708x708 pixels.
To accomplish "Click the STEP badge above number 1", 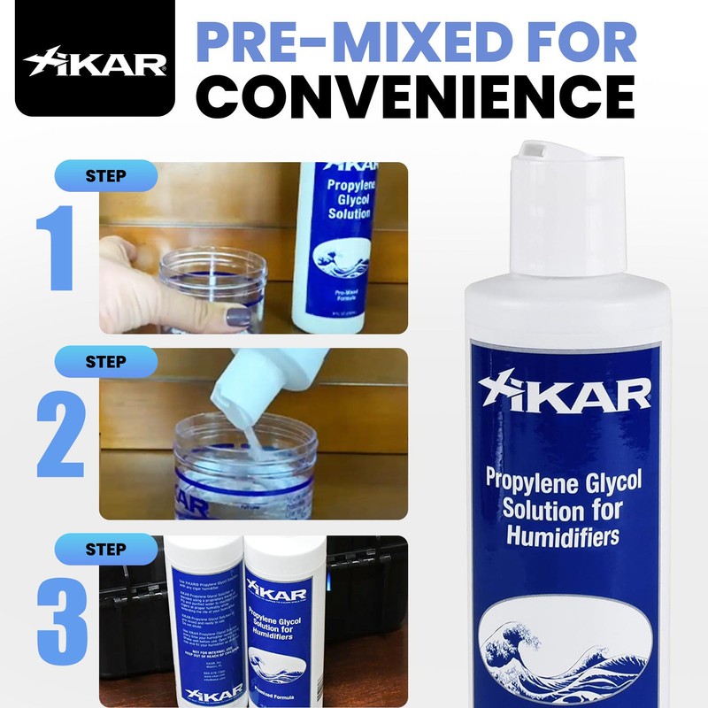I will pos(105,174).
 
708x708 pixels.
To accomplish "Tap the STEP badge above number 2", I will pos(105,361).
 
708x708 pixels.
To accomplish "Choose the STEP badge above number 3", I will pos(105,549).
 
